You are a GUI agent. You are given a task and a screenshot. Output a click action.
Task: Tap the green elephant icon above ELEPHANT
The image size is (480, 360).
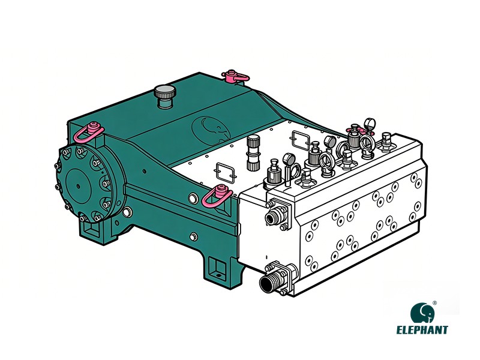coord(422,313)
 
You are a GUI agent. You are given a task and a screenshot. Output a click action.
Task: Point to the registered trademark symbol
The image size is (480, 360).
coord(434,304)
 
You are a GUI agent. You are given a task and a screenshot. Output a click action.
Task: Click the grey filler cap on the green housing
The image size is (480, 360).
coord(163,95)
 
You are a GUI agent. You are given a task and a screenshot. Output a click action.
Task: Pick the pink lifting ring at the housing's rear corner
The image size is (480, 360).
coord(236,76)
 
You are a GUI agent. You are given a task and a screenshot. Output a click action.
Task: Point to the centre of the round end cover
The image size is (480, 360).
coord(79,180)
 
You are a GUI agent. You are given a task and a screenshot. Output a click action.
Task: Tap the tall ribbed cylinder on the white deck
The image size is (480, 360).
coord(253,152)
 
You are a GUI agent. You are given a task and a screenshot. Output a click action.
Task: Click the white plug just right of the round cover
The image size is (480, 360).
coord(127,211)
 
